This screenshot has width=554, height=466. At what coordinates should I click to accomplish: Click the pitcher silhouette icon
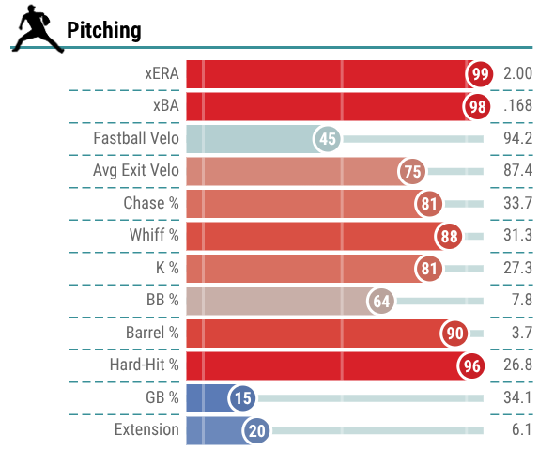click(38, 29)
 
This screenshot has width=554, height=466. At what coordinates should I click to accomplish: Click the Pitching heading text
click(104, 30)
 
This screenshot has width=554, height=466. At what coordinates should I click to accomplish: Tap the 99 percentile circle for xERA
click(480, 74)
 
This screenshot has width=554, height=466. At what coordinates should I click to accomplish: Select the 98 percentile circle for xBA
click(477, 106)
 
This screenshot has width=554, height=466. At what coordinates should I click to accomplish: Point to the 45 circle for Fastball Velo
click(328, 139)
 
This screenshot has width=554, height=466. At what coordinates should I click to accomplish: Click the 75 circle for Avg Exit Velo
click(412, 172)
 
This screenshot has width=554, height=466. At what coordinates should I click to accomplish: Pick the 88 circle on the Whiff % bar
click(449, 236)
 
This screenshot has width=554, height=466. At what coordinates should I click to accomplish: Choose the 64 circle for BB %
click(381, 302)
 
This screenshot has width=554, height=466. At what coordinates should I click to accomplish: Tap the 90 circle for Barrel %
click(454, 334)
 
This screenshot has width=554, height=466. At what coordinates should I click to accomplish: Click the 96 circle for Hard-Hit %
click(471, 365)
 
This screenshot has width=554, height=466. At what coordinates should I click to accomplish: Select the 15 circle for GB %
click(243, 398)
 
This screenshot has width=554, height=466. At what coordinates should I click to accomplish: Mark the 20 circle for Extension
click(257, 431)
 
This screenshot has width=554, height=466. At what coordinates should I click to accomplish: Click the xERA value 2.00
click(517, 73)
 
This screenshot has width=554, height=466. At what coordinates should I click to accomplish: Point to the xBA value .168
click(517, 105)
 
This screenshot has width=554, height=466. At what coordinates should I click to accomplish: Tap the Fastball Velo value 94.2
click(517, 138)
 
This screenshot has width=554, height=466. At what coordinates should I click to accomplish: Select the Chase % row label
click(151, 203)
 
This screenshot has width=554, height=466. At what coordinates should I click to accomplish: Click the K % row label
click(167, 268)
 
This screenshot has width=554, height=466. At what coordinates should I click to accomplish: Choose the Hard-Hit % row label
click(145, 365)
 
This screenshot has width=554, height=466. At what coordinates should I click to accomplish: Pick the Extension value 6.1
click(521, 429)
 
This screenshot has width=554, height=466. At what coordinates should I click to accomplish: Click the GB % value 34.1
click(517, 397)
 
